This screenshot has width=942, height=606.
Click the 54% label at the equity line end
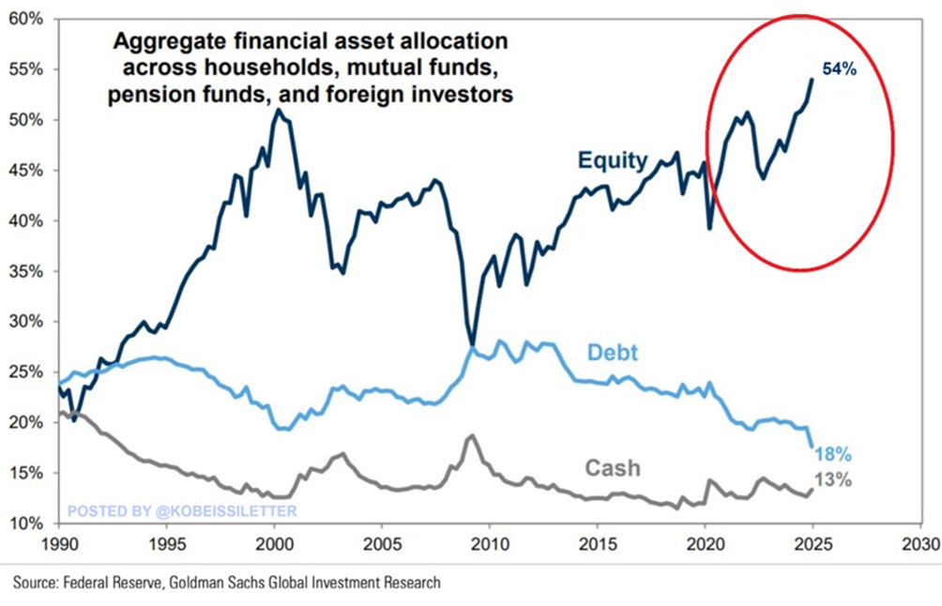coord(839,69)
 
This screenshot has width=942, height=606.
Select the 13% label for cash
coord(834,481)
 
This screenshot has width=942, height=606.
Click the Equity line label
coord(611,160)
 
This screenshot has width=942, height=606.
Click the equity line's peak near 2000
coord(278,111)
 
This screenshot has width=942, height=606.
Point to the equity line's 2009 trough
coord(472,344)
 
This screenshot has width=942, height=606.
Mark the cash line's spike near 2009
coord(472,435)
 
